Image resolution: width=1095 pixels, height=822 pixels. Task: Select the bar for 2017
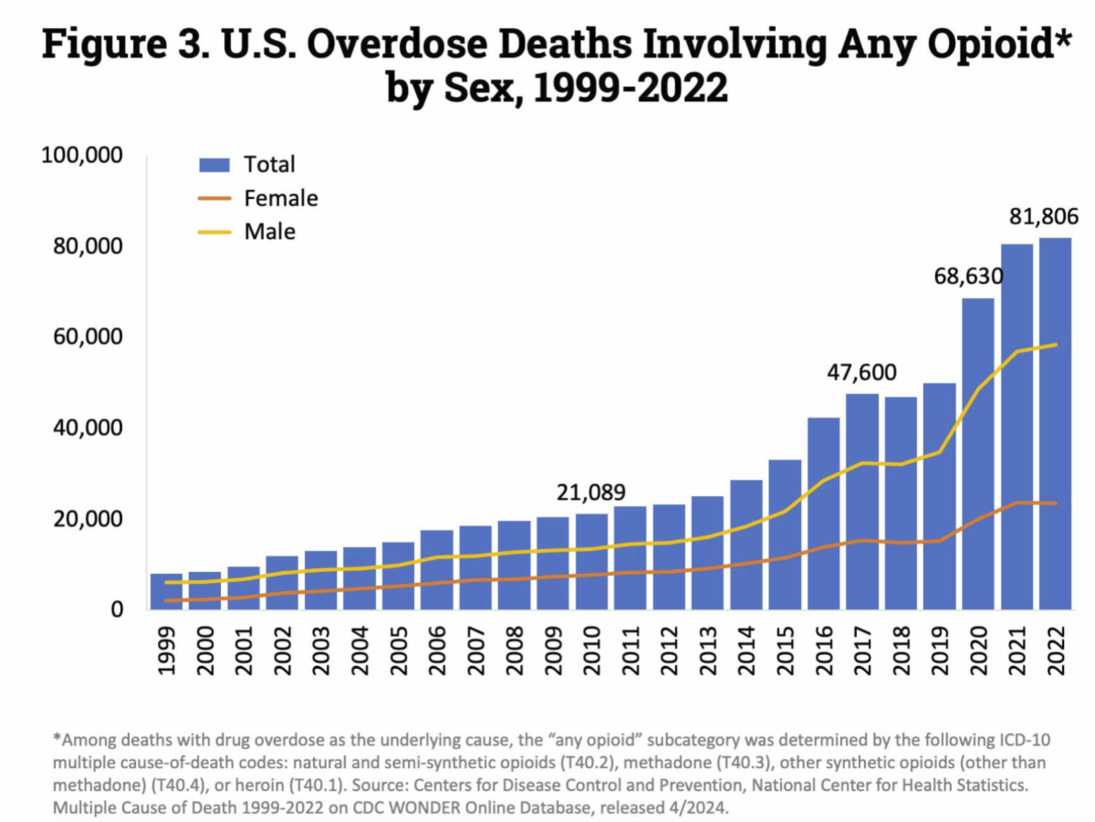[862, 502]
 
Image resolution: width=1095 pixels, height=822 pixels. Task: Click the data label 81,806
[1044, 217]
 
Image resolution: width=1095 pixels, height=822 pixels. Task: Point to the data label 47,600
[862, 372]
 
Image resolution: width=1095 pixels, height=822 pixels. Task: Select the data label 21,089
[591, 493]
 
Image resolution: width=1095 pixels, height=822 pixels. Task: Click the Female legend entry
[280, 198]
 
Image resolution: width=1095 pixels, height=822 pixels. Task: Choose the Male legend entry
[269, 232]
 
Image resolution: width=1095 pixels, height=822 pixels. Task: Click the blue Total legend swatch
[214, 165]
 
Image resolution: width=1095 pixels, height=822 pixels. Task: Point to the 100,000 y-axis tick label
[82, 156]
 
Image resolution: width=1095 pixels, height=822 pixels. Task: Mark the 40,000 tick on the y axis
[88, 428]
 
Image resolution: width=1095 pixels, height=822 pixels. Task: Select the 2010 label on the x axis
[592, 649]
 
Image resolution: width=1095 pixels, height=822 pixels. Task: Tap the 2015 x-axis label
[785, 649]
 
